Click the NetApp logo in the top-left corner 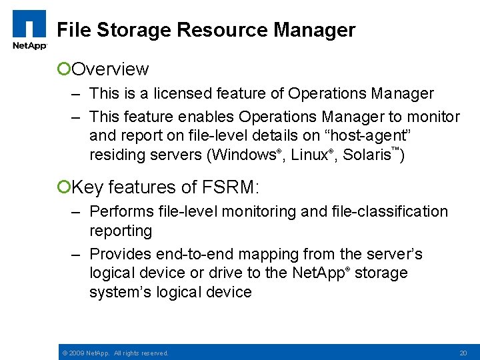tap(29, 29)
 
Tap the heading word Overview tap(110, 69)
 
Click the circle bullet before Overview tap(64, 69)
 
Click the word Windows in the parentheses tap(245, 156)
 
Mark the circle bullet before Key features tap(64, 187)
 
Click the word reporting tap(121, 231)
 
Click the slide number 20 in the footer tap(463, 353)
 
